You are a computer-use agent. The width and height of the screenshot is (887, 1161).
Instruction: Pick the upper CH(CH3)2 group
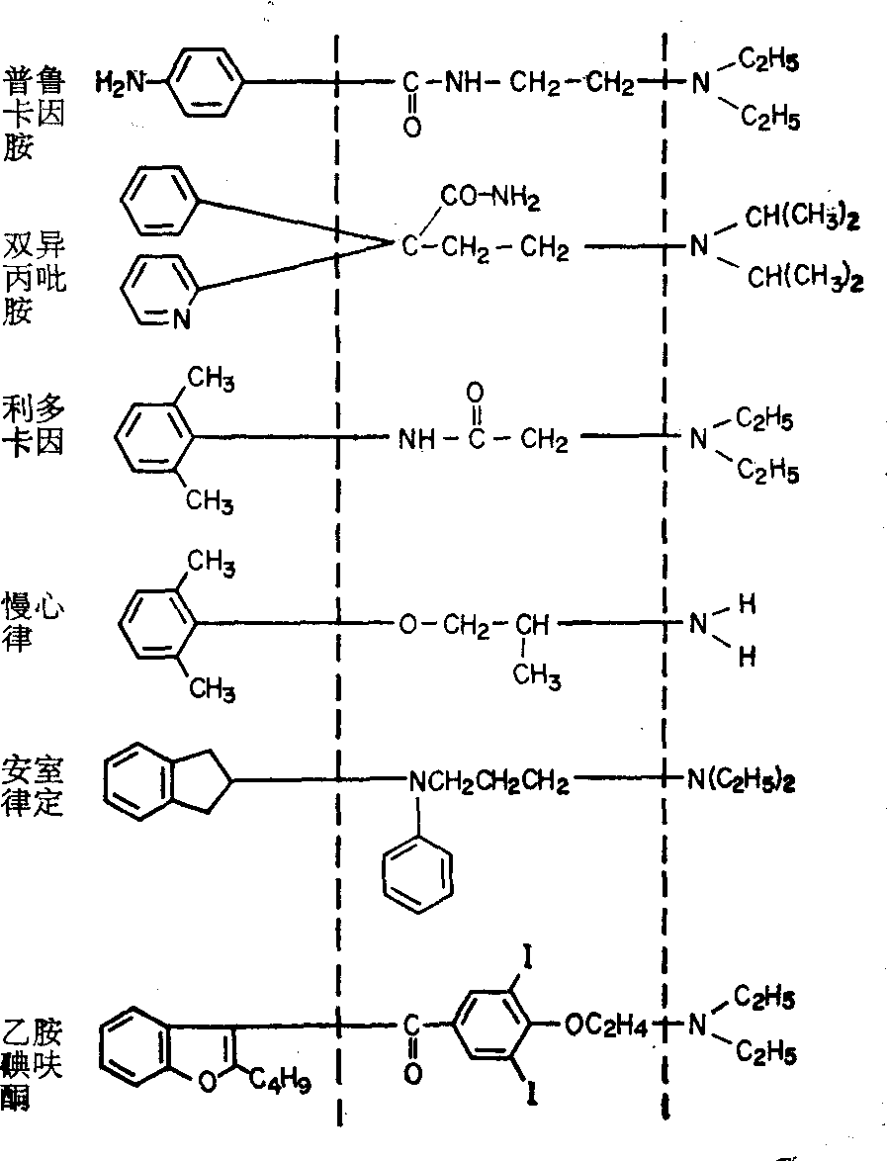pos(802,219)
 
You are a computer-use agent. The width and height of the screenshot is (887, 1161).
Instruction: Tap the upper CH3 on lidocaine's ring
pos(210,379)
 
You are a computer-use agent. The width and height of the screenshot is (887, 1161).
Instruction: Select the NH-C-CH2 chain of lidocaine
pos(484,439)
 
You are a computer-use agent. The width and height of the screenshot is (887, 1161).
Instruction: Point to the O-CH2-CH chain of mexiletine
pos(474,625)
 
